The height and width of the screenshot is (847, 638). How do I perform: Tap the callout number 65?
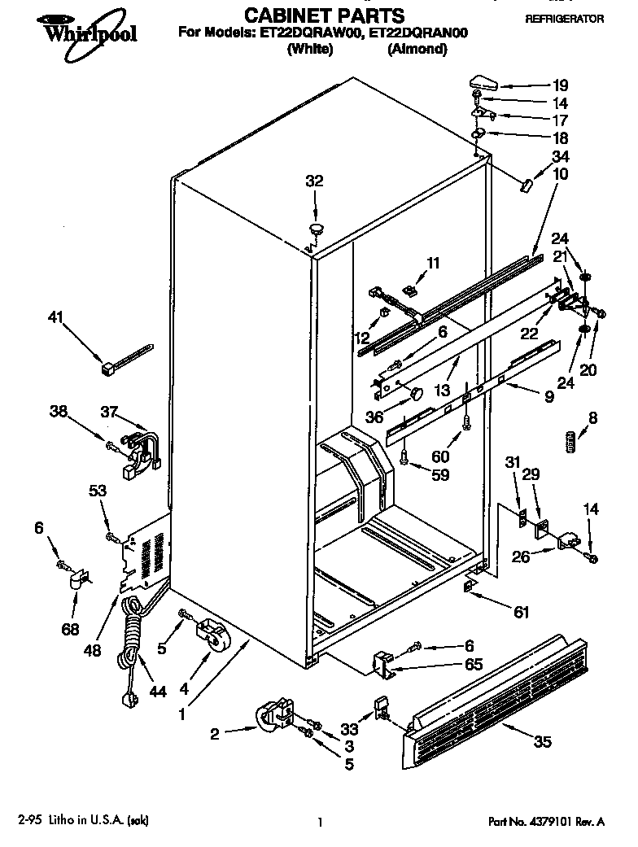point(473,665)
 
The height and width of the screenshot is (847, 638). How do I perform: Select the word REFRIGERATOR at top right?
point(564,18)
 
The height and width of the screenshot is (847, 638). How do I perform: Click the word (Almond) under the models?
point(417,49)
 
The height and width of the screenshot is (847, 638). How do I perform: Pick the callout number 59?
point(440,475)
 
